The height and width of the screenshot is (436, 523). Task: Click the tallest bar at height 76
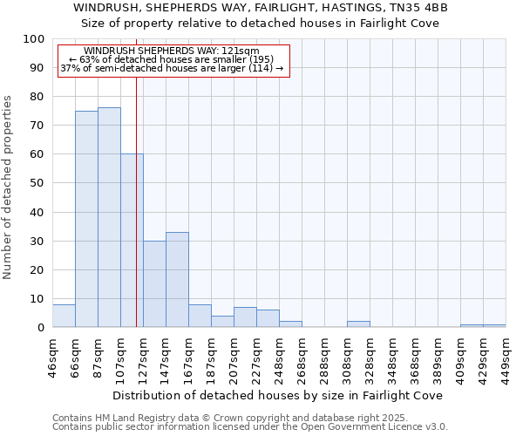tap(109, 217)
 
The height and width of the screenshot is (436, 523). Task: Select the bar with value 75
tap(86, 219)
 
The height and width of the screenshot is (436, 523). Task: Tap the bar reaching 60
tap(132, 241)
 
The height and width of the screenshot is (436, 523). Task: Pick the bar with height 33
tap(177, 280)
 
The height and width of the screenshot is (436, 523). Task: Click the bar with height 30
tap(154, 284)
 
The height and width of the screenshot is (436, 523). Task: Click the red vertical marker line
tap(137, 201)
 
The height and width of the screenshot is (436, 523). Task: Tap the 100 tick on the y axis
tap(34, 39)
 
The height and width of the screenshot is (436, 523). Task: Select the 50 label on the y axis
tap(37, 183)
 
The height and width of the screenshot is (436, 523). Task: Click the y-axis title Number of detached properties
tap(9, 187)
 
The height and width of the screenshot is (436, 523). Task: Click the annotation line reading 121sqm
tap(172, 51)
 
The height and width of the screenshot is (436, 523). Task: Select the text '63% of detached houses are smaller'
tap(172, 59)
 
